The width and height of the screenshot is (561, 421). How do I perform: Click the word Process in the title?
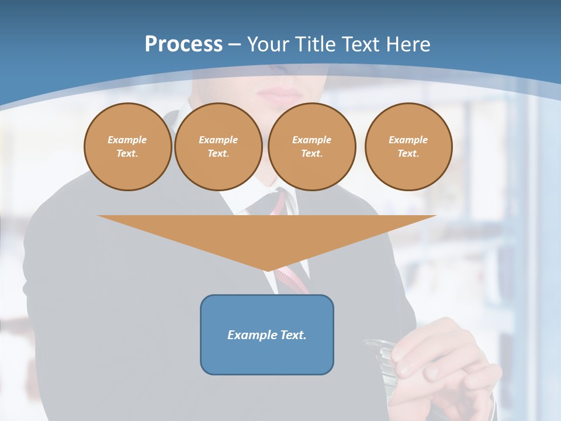click(183, 44)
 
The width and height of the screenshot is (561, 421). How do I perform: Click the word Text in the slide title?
click(361, 44)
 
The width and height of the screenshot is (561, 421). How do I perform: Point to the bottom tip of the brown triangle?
click(268, 270)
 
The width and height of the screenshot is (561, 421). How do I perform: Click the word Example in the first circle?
click(127, 140)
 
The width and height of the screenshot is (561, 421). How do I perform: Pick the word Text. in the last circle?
click(408, 153)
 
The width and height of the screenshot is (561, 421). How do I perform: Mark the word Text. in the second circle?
click(219, 153)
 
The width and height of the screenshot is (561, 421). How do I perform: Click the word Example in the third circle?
click(312, 140)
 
